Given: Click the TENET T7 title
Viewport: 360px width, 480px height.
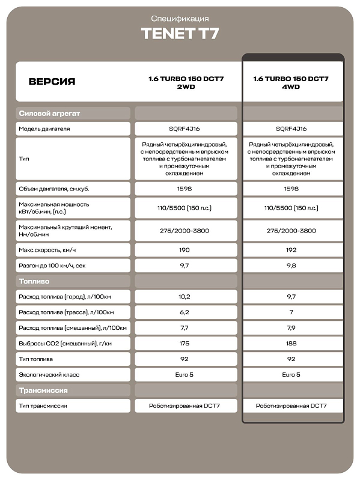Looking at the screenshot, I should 180,34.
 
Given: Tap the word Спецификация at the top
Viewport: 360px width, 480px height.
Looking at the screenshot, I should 180,19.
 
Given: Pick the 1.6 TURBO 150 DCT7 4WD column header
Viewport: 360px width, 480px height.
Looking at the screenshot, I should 291,82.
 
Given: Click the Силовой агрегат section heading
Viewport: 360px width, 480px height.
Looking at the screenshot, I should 50,113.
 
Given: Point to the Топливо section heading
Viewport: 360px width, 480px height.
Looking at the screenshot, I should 34,281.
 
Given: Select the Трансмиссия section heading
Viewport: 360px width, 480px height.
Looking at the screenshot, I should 43,390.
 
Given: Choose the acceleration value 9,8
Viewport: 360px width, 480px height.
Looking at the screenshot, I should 291,266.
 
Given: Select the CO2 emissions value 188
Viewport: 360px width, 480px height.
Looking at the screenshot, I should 291,344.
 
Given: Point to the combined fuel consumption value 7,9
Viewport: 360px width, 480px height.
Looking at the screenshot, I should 291,328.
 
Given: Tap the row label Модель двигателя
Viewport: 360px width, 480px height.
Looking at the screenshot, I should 44,129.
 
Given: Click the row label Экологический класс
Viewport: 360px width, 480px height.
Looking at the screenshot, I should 49,375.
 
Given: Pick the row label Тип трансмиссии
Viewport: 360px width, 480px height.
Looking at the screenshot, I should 43,406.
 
